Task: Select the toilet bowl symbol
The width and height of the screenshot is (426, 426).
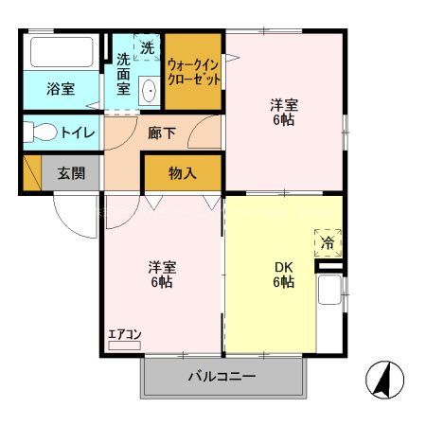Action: click(x=40, y=133)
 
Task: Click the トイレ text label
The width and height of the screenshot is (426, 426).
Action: click(x=77, y=133)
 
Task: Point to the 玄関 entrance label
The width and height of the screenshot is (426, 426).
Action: click(x=70, y=173)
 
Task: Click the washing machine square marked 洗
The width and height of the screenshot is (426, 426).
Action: click(x=148, y=46)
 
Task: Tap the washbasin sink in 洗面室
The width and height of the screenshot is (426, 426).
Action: click(x=149, y=92)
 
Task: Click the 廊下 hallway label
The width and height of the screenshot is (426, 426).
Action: click(x=162, y=133)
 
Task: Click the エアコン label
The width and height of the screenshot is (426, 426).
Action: click(x=124, y=334)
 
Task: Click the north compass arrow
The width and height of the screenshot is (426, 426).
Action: click(x=383, y=381)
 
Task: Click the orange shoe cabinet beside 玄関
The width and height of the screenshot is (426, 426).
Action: click(x=31, y=173)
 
